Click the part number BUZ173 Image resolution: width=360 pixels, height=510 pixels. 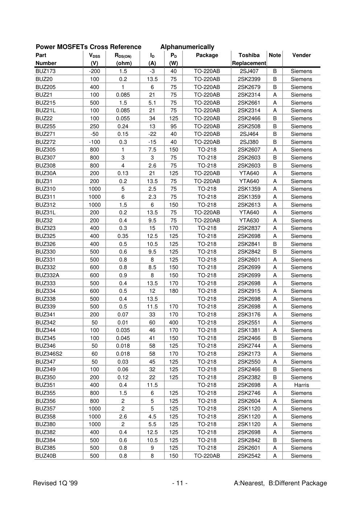[x=45, y=71]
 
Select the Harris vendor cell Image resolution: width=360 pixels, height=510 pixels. [x=301, y=385]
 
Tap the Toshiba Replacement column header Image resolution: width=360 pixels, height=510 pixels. [x=249, y=59]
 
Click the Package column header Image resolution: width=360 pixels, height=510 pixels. [x=207, y=55]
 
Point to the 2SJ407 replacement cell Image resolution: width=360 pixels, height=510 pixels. [x=249, y=71]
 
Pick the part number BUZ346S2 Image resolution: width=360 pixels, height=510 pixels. [x=49, y=354]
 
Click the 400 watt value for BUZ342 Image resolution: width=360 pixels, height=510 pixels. [x=173, y=323]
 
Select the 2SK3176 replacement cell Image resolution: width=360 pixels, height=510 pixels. [x=249, y=315]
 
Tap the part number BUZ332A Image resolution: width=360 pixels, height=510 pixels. [x=47, y=275]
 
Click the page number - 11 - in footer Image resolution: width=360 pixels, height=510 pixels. [x=180, y=483]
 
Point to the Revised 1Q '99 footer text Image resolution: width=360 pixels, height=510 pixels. [x=55, y=483]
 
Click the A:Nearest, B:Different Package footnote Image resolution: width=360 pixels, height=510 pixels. [x=280, y=483]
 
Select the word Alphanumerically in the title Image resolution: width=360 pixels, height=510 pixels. [x=187, y=47]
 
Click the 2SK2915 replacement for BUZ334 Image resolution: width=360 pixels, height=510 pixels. [x=249, y=291]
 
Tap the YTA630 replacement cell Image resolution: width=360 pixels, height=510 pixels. [x=249, y=220]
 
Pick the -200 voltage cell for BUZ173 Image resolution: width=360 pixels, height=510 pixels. [x=94, y=71]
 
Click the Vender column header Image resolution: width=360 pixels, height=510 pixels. [x=301, y=55]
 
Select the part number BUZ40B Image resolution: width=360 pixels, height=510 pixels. [x=46, y=456]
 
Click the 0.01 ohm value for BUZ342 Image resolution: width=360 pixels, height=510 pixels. [x=123, y=323]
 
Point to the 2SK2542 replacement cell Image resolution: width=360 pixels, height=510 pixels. [x=249, y=456]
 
